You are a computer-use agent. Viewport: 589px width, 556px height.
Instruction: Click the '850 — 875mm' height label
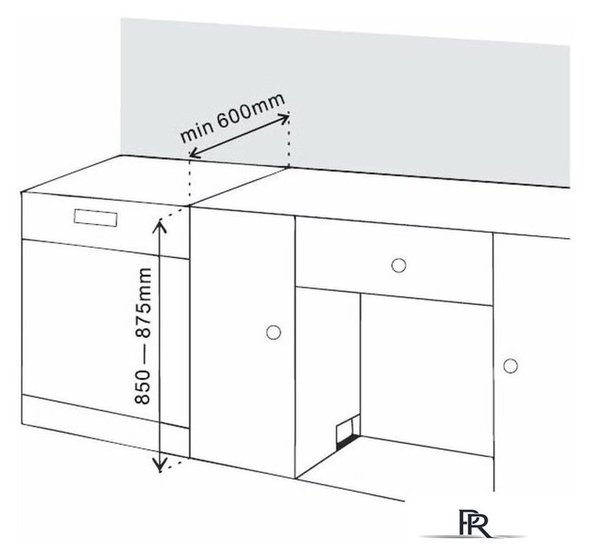(143, 336)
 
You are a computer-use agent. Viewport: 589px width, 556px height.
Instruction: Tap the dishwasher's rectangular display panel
(96, 218)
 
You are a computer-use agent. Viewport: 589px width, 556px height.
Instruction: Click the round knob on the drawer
(398, 265)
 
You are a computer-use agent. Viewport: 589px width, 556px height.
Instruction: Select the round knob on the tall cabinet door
(273, 332)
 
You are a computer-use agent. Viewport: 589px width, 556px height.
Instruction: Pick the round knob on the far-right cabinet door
(510, 366)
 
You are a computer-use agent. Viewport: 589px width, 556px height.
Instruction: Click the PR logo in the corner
(474, 523)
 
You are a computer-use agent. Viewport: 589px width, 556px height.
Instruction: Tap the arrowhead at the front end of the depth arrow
(191, 155)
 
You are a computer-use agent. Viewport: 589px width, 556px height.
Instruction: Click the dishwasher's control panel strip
(105, 225)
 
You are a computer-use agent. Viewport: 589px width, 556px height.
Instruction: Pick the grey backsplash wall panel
(345, 98)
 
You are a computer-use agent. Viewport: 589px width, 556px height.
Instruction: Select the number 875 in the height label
(143, 311)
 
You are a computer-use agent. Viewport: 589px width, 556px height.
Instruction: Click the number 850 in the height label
(143, 387)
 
